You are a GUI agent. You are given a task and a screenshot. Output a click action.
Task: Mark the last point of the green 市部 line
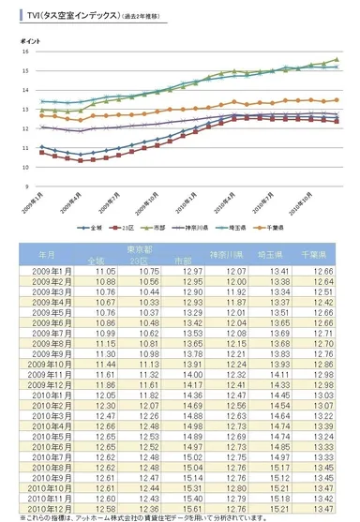point(337,59)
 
